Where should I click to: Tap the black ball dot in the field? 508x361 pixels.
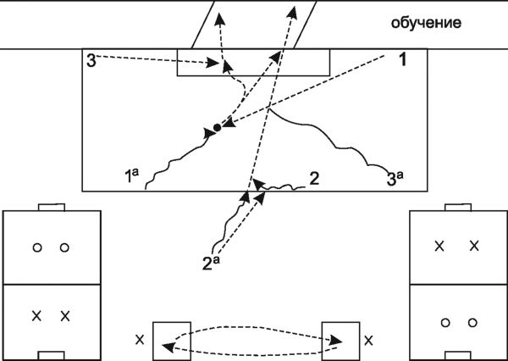(x=217, y=127)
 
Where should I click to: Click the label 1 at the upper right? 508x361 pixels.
(x=404, y=60)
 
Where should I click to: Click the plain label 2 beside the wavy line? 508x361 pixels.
(x=313, y=178)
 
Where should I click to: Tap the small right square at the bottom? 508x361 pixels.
(x=340, y=339)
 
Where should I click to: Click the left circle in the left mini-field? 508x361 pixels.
(x=36, y=248)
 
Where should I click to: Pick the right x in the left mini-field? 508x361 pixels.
(x=64, y=316)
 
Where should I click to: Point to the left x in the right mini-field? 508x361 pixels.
(x=439, y=247)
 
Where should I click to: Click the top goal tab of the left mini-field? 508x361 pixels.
(x=52, y=207)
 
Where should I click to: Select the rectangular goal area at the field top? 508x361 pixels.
(x=253, y=63)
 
